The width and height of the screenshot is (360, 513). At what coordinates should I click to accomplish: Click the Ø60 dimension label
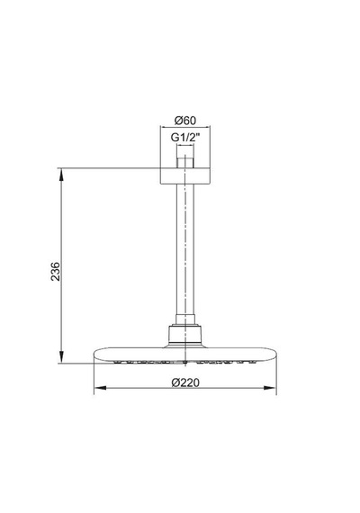185,121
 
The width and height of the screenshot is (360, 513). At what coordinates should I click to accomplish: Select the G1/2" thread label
185,138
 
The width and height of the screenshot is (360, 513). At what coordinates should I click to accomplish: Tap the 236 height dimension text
56,271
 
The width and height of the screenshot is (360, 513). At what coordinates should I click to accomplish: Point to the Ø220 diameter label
185,382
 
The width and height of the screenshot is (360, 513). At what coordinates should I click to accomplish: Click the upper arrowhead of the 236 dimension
61,174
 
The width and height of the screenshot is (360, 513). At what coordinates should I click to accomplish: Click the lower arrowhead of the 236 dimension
61,357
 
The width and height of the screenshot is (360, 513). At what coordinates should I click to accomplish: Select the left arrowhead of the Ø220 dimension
100,388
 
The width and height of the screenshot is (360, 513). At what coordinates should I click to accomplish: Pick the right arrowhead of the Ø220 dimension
270,388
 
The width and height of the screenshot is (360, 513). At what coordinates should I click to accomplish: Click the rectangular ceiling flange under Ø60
185,176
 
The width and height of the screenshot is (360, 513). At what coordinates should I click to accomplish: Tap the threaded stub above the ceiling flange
185,163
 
